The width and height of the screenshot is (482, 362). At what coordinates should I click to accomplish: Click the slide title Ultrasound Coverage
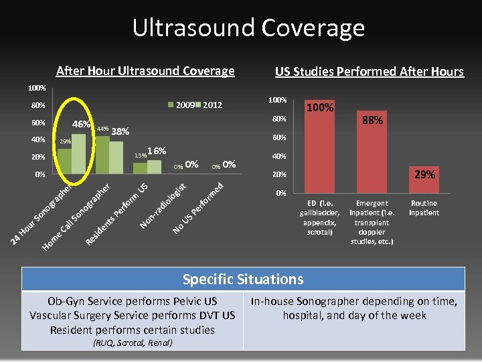click(248, 27)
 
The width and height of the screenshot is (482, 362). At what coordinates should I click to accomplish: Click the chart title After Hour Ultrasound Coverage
click(145, 71)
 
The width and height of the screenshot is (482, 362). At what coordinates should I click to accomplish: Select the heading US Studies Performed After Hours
click(369, 72)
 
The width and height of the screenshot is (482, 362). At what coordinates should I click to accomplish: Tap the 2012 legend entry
click(212, 105)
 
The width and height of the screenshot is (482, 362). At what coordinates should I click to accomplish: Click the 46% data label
click(82, 125)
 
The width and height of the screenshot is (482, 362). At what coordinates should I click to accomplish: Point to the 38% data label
click(120, 131)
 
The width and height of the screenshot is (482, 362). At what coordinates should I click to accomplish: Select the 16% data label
click(156, 152)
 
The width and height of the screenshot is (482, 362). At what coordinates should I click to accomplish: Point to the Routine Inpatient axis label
click(424, 208)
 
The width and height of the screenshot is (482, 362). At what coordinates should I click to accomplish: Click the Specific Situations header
click(243, 279)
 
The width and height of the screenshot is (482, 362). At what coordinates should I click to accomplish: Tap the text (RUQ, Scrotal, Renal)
click(133, 343)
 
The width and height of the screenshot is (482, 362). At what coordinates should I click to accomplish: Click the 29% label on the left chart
click(65, 142)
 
